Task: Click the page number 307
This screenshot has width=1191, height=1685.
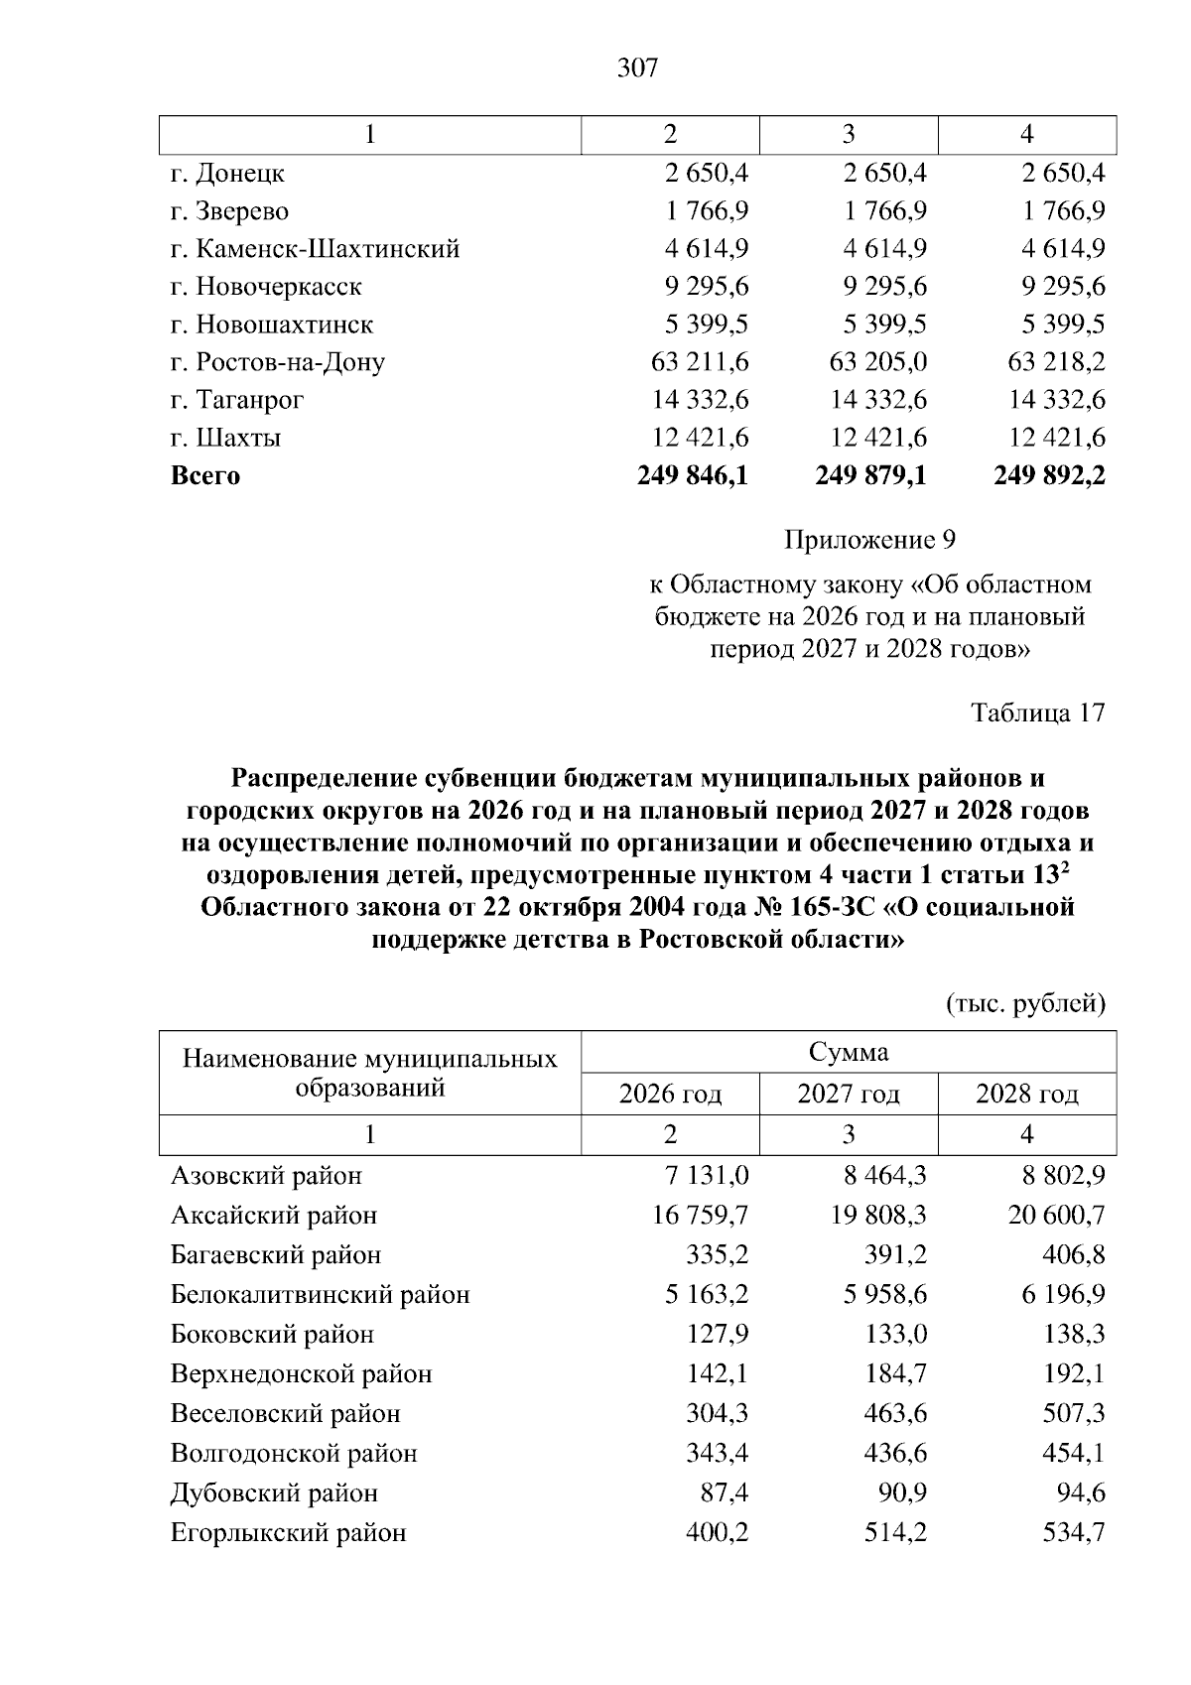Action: (637, 68)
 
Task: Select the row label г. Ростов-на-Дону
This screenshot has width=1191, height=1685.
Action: (278, 362)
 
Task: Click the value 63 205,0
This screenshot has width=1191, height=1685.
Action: (877, 362)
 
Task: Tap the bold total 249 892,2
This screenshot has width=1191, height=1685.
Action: (1049, 475)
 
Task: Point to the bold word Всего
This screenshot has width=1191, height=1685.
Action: (205, 475)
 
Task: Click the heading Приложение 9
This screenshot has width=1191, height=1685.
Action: (869, 540)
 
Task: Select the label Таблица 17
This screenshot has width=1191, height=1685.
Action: (1037, 713)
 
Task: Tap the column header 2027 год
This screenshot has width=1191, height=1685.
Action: (849, 1094)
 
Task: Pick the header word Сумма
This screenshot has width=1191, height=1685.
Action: (849, 1052)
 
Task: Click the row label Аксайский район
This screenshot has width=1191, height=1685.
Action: (274, 1215)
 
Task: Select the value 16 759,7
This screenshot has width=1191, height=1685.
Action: (700, 1215)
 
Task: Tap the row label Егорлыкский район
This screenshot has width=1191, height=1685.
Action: (289, 1532)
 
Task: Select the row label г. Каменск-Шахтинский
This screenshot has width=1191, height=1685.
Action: (315, 249)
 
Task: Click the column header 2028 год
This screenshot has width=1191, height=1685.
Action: (1027, 1094)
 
